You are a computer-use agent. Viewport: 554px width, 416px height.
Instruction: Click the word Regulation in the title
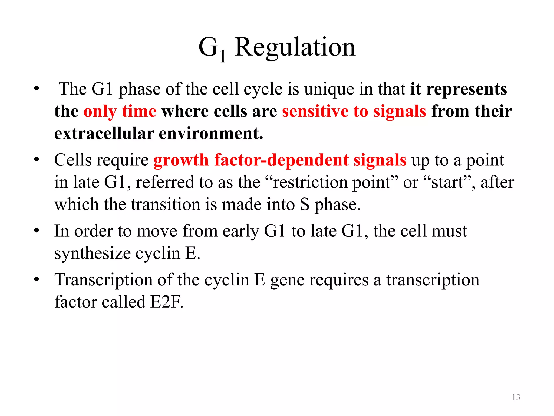(x=295, y=47)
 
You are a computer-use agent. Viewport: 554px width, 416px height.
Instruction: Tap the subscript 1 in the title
(x=222, y=56)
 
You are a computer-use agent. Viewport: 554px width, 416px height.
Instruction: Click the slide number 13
(x=516, y=397)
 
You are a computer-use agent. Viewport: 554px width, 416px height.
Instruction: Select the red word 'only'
(x=100, y=111)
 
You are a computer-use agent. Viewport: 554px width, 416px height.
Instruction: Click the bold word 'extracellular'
(x=104, y=134)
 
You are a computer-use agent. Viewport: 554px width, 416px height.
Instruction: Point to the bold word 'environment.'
(x=211, y=134)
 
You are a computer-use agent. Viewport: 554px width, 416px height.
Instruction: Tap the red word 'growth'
(x=181, y=160)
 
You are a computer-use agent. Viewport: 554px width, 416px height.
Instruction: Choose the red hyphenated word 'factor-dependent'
(x=281, y=160)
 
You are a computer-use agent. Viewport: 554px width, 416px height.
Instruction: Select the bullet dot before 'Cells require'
(x=37, y=160)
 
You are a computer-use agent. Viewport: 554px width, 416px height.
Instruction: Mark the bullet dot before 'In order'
(x=37, y=231)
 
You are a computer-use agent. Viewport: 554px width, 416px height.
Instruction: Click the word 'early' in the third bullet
(x=241, y=231)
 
